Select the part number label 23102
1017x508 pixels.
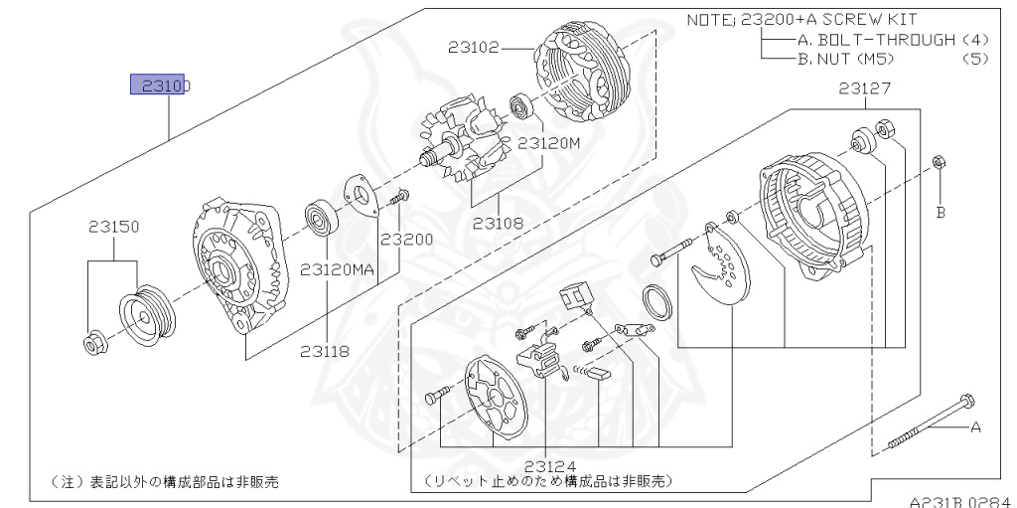473,47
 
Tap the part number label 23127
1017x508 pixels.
864,88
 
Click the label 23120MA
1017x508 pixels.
338,269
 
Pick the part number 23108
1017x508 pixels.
498,223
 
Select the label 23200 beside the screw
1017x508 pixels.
407,240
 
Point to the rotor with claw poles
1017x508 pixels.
465,145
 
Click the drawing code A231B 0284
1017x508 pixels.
957,500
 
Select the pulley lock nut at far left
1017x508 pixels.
92,344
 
